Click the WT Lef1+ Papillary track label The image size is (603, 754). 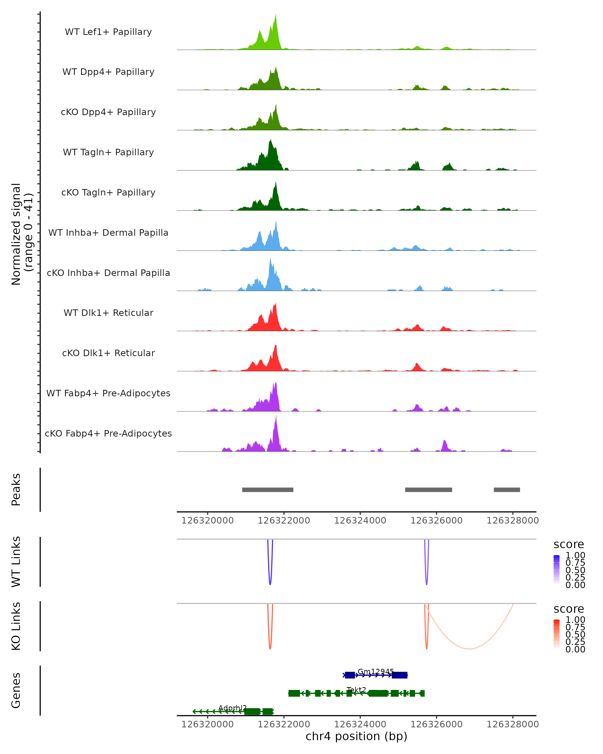click(108, 32)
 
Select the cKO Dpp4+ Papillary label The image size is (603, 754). click(108, 112)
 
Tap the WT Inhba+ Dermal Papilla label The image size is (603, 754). click(108, 233)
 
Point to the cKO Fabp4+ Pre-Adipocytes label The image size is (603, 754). click(108, 434)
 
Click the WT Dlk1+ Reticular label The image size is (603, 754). click(108, 313)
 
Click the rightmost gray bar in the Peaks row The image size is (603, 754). click(507, 490)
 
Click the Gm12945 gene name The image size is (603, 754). click(376, 672)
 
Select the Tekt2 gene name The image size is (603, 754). click(356, 690)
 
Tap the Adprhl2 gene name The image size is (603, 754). click(232, 708)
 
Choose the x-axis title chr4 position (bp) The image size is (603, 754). click(356, 736)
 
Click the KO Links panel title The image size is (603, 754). click(16, 626)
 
